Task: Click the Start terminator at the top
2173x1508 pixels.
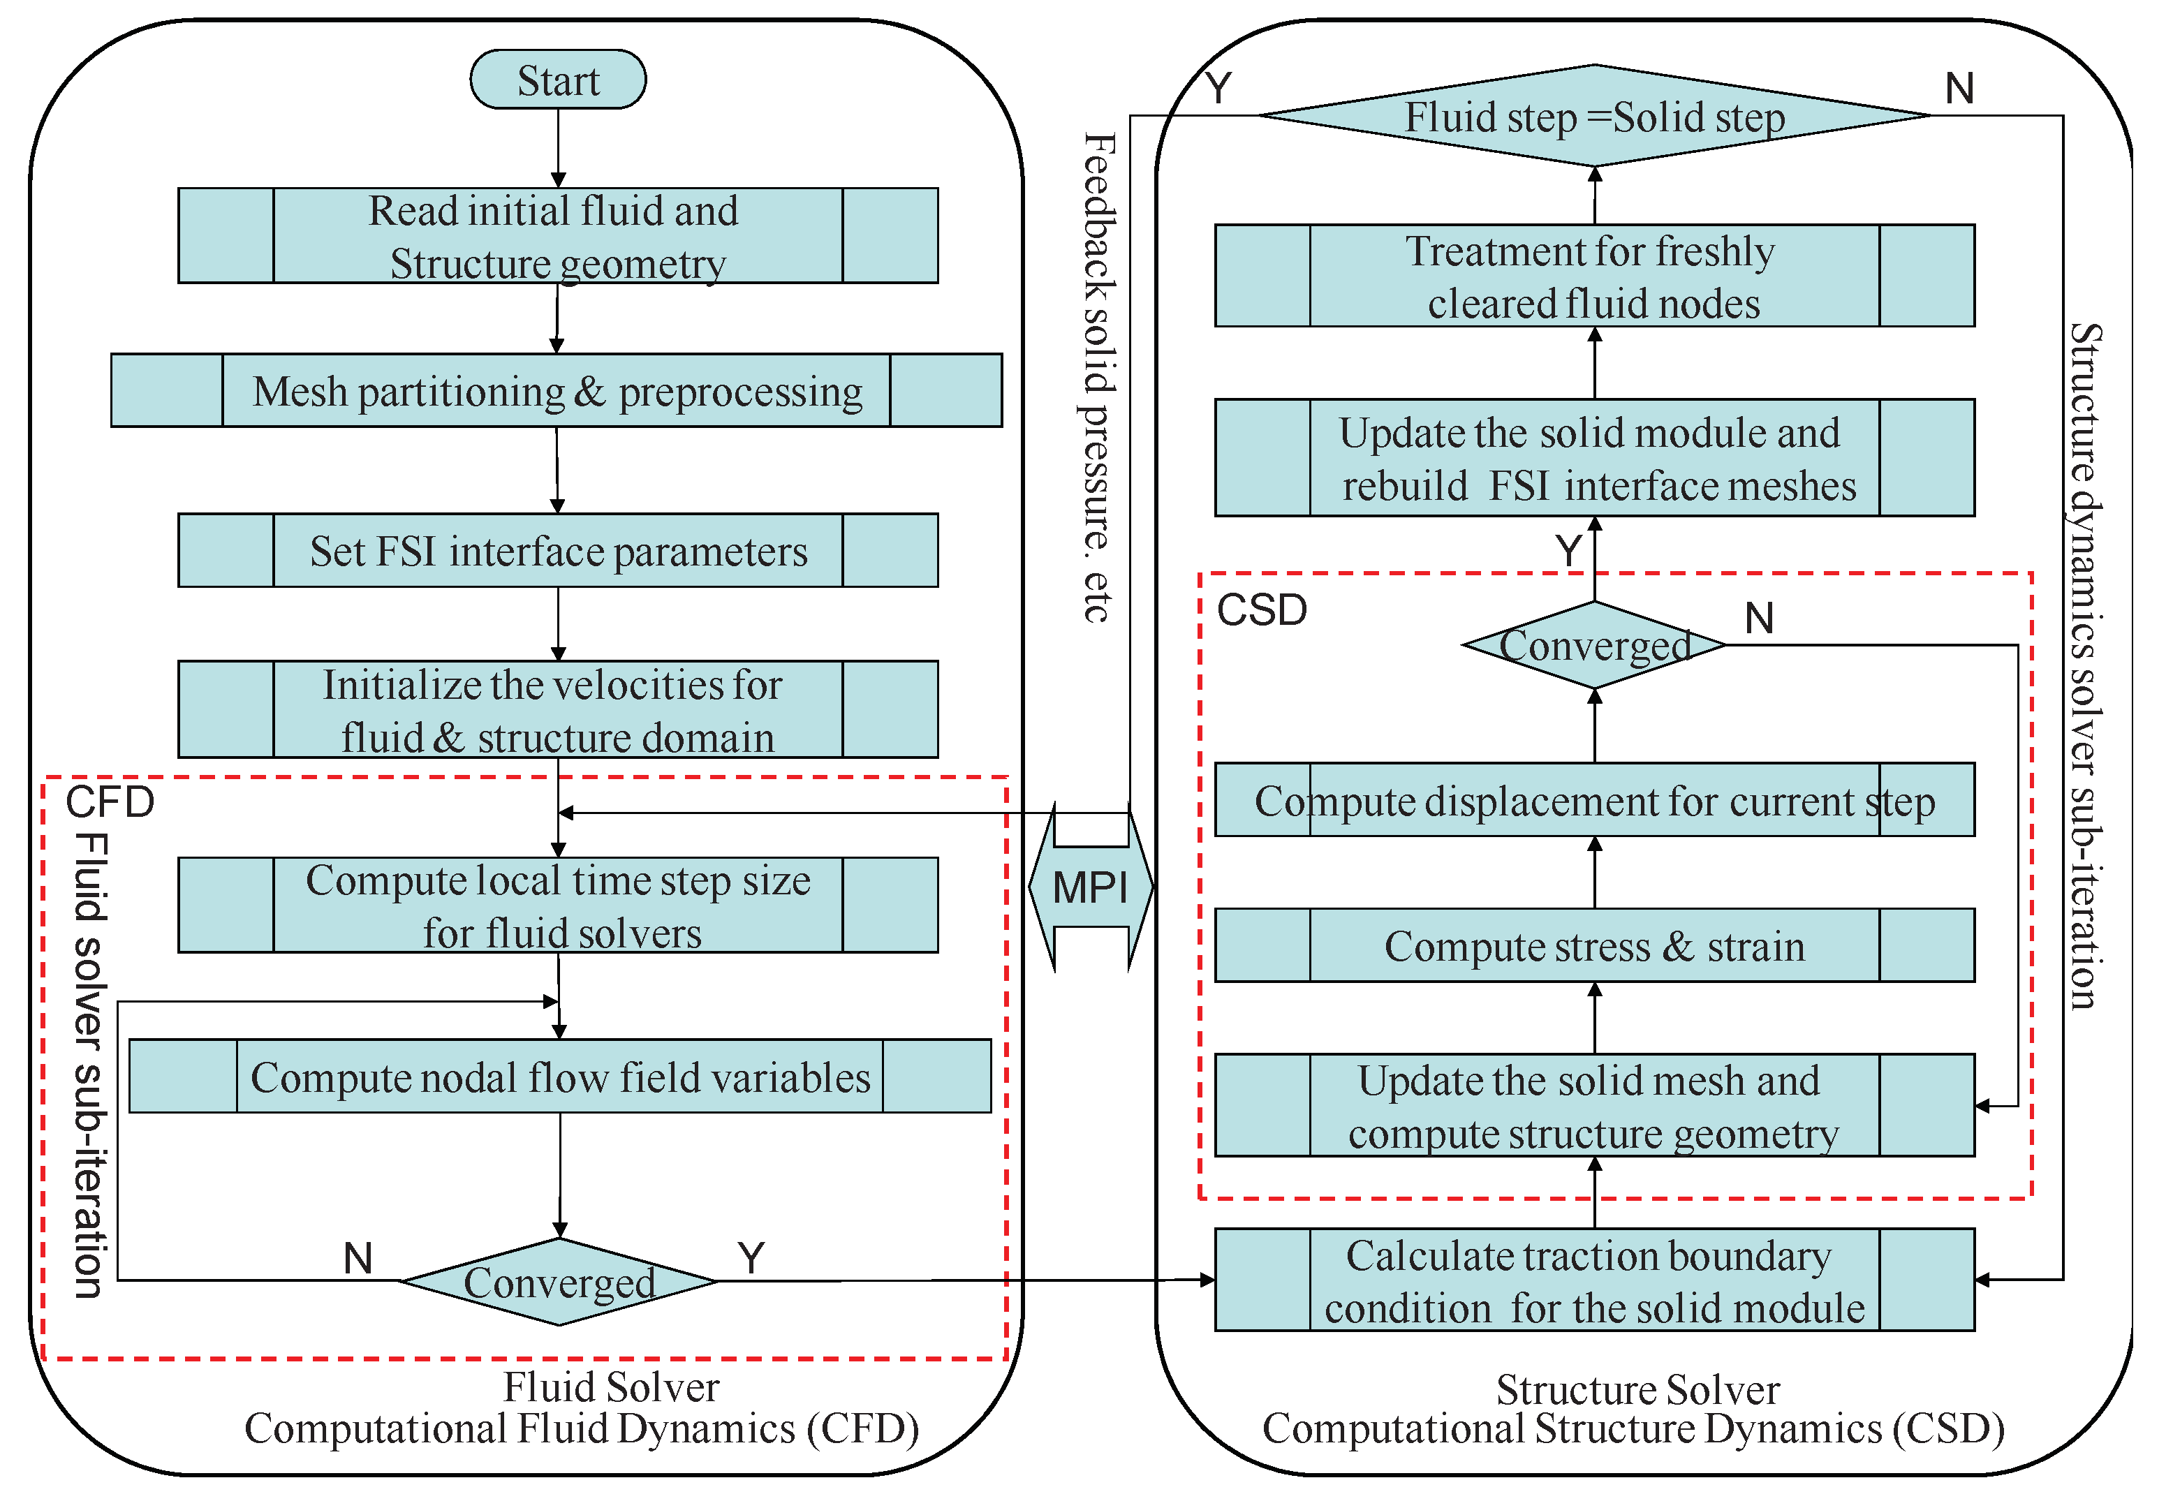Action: (x=557, y=80)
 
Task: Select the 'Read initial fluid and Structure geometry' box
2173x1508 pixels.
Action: (x=557, y=236)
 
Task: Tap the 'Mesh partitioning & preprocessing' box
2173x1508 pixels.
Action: (x=557, y=391)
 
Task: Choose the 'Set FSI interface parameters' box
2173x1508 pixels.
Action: (x=557, y=551)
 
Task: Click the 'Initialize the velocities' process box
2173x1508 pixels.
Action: (x=557, y=709)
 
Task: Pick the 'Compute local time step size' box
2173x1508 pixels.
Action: (x=557, y=905)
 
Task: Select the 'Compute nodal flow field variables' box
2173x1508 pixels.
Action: (x=559, y=1077)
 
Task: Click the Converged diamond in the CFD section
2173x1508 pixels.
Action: (x=559, y=1282)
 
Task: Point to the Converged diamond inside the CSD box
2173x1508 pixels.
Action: (x=1595, y=645)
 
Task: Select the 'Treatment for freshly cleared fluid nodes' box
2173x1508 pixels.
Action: (x=1595, y=276)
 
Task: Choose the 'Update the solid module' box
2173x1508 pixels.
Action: (x=1595, y=458)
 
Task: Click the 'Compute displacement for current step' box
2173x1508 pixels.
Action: (x=1595, y=800)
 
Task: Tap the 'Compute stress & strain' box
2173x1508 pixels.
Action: (x=1595, y=946)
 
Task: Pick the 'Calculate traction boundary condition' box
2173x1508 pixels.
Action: (x=1595, y=1280)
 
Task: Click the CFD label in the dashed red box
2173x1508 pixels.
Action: (x=110, y=802)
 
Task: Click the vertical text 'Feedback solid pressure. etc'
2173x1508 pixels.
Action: (x=1097, y=378)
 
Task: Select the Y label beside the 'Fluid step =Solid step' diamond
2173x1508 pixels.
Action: (x=1218, y=89)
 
